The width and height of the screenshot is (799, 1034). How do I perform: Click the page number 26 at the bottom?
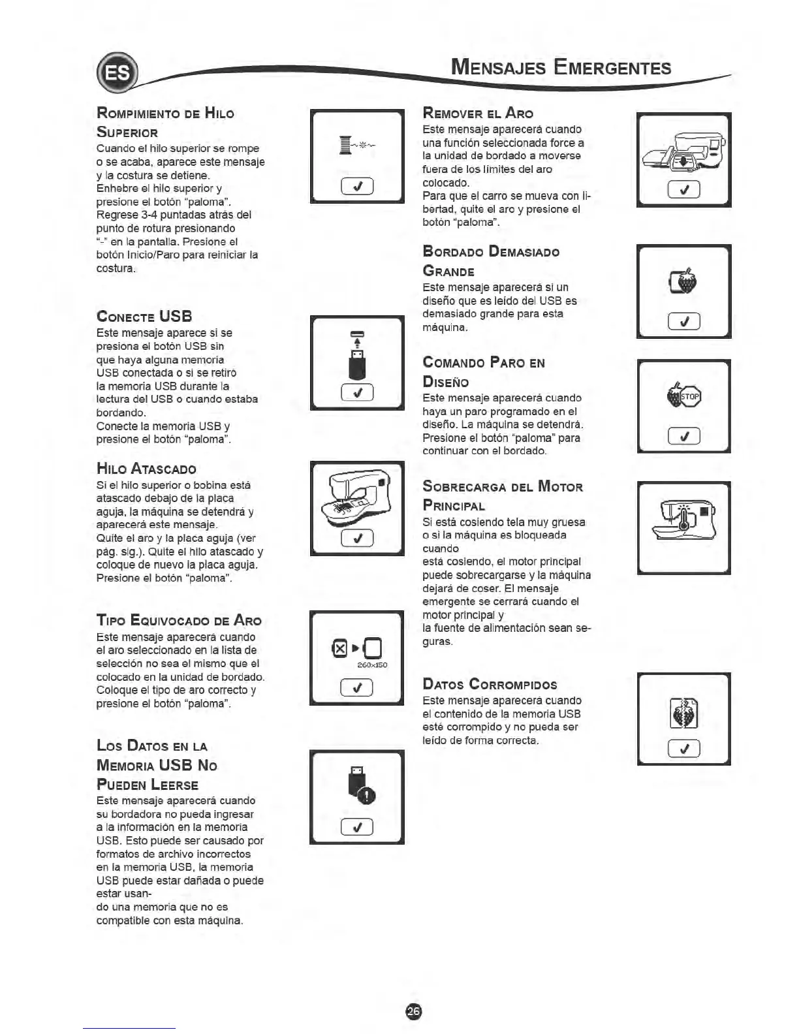[x=414, y=1010]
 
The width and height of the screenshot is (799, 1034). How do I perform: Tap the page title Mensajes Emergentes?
[x=561, y=68]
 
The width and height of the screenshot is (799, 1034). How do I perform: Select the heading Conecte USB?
[x=144, y=317]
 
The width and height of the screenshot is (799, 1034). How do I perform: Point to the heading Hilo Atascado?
[x=146, y=469]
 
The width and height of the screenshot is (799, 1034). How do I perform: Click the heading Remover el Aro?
[x=478, y=113]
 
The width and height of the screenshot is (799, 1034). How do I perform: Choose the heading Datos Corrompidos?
[x=490, y=684]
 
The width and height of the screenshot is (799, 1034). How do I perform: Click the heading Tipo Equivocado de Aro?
[x=179, y=620]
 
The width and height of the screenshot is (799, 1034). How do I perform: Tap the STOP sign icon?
[x=690, y=396]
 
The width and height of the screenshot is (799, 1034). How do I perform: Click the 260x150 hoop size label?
[x=373, y=665]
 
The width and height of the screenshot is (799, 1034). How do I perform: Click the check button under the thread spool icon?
[x=357, y=187]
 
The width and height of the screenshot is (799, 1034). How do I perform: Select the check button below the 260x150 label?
[x=357, y=687]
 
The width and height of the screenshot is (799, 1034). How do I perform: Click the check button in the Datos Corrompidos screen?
[x=684, y=748]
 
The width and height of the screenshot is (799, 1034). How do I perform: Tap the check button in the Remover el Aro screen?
[x=684, y=190]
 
